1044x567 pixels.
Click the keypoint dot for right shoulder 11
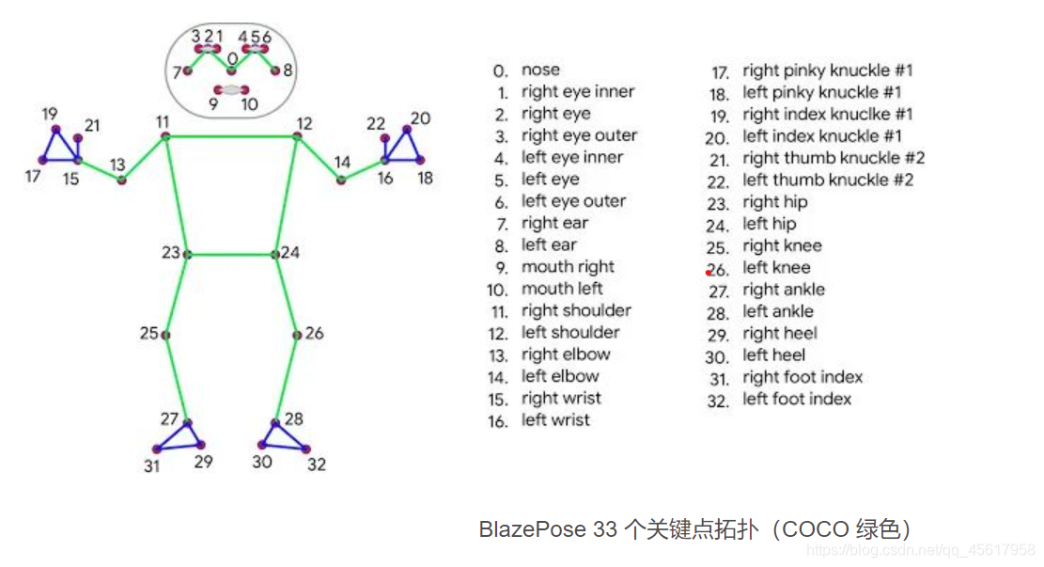click(165, 136)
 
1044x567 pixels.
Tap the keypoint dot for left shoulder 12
click(297, 136)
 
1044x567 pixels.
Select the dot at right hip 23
click(188, 254)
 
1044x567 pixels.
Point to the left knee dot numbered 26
click(297, 335)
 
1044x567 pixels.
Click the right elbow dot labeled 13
click(121, 179)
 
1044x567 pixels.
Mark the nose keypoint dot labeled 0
click(232, 71)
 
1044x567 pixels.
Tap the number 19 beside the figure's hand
click(49, 115)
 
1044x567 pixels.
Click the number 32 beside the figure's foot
click(317, 464)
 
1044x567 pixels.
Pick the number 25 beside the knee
click(149, 333)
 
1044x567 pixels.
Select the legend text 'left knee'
click(776, 268)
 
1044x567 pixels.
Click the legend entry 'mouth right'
click(568, 267)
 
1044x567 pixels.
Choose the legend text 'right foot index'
click(802, 377)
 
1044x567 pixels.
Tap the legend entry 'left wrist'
click(555, 420)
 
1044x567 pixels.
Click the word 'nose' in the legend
click(540, 70)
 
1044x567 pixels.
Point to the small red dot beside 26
click(709, 272)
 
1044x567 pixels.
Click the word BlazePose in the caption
click(530, 529)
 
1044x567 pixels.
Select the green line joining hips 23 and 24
click(232, 254)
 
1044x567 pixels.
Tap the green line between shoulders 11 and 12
click(231, 136)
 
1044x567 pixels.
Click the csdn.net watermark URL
click(921, 549)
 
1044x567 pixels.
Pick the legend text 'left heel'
click(774, 355)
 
